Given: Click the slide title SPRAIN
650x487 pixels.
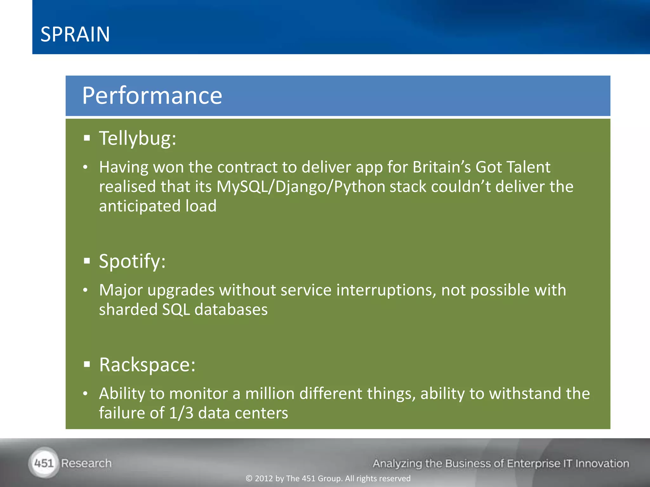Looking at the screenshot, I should [75, 34].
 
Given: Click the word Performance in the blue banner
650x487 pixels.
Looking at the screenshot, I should [152, 95].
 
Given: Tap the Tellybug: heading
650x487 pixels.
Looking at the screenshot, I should [137, 139].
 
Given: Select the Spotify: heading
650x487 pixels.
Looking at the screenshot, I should [132, 261].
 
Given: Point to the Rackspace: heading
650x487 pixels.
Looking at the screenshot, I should [147, 365].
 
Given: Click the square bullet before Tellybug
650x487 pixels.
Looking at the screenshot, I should [87, 138].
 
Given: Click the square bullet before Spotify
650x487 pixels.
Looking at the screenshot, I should [87, 261].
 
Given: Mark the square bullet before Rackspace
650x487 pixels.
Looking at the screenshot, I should [87, 364].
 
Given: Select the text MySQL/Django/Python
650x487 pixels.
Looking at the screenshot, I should [301, 186].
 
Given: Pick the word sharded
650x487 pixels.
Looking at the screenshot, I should [128, 309].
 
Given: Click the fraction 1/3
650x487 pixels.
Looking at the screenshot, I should [181, 413].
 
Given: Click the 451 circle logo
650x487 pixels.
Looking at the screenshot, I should [44, 463].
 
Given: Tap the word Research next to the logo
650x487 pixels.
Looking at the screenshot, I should [86, 463].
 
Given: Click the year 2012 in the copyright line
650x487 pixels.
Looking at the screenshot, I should [264, 478].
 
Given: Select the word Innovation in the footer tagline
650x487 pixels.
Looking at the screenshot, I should [602, 464].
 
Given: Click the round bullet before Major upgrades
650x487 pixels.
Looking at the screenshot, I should [85, 290].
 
